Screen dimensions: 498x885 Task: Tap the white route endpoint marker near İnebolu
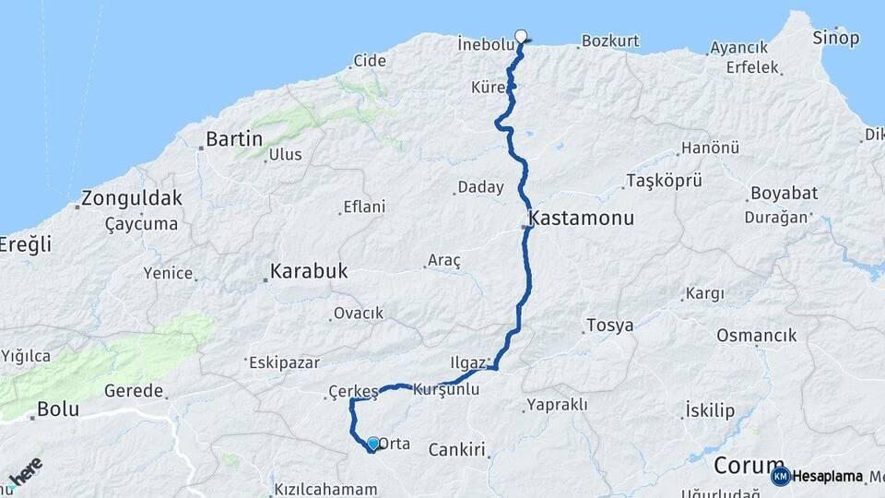click(x=522, y=37)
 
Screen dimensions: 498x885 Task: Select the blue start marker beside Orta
click(x=372, y=445)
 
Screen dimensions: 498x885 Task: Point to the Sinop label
click(x=835, y=38)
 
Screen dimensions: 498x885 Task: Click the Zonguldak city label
click(x=132, y=197)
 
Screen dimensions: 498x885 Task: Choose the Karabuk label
click(x=308, y=272)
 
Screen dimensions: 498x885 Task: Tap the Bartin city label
click(x=233, y=139)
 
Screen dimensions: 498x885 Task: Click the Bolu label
click(x=58, y=409)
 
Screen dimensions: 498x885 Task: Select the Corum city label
click(x=749, y=465)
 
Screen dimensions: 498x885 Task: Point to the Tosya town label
click(x=608, y=326)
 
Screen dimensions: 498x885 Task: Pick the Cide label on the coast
click(x=369, y=61)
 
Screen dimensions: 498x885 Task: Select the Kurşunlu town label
click(x=447, y=390)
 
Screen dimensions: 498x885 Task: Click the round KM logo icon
click(x=780, y=477)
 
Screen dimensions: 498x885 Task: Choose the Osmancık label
click(x=756, y=336)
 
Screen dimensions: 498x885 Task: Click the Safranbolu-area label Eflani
click(x=363, y=207)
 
